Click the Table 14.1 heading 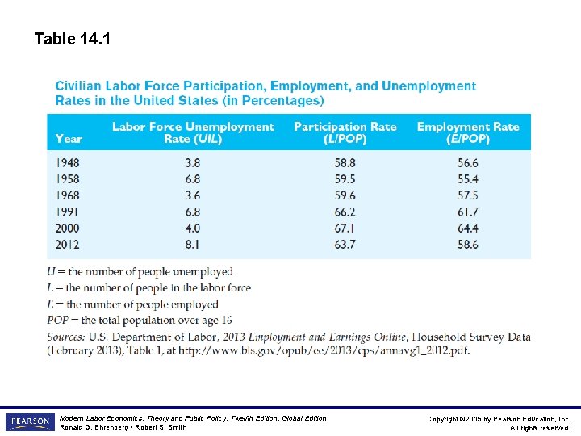tap(73, 38)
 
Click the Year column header tap(69, 138)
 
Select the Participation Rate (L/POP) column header tap(345, 132)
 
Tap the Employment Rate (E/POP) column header tap(467, 132)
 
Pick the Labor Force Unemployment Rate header tap(192, 132)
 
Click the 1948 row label tap(69, 162)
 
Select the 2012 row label tap(69, 244)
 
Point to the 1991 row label tap(69, 212)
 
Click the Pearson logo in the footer tap(29, 422)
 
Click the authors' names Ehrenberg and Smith tap(123, 427)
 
